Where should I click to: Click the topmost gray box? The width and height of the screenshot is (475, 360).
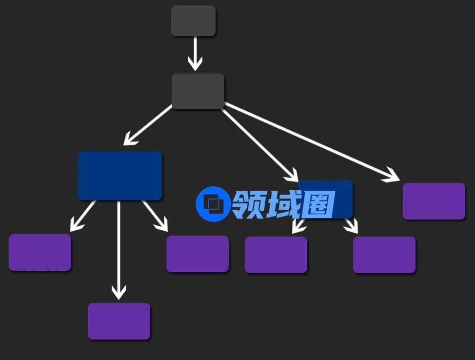click(193, 20)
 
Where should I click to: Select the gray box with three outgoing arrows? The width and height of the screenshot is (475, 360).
click(198, 91)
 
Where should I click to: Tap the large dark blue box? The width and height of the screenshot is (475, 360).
click(120, 176)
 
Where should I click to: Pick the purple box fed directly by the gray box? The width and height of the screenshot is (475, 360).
click(434, 201)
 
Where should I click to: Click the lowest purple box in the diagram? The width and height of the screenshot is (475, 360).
click(119, 321)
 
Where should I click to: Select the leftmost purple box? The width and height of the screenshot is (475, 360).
click(40, 252)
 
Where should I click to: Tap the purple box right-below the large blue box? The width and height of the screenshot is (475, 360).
click(198, 254)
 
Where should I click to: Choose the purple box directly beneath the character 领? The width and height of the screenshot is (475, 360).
click(276, 255)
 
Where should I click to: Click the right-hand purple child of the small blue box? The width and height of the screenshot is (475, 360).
click(384, 255)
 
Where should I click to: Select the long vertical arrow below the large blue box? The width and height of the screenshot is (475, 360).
click(119, 249)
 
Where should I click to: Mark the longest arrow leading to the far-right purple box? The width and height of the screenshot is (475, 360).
click(312, 142)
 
